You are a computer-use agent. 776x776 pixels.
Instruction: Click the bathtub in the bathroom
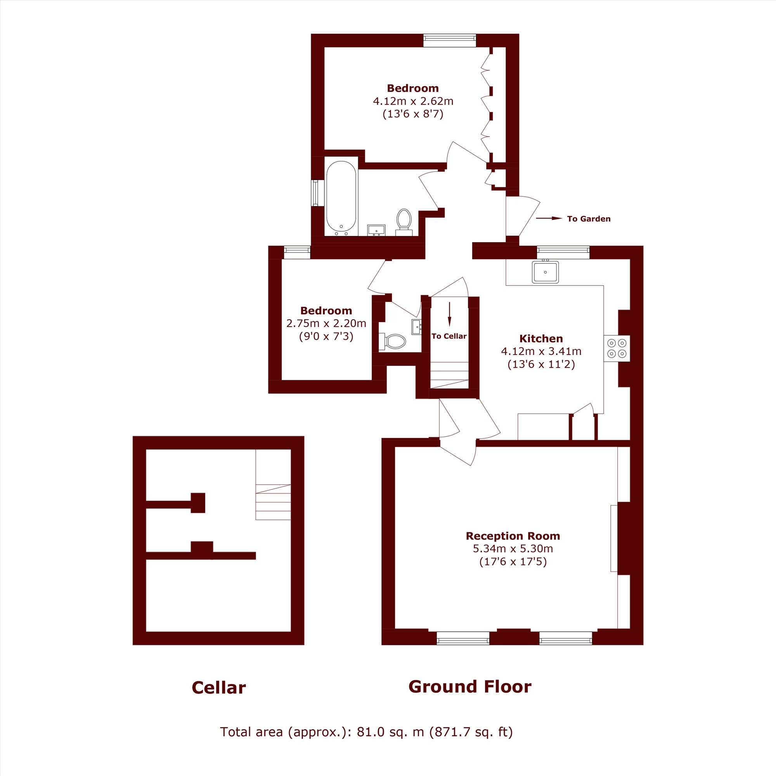(341, 197)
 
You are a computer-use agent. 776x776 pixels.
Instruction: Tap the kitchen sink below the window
(545, 272)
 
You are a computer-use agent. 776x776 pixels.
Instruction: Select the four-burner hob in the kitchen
(617, 348)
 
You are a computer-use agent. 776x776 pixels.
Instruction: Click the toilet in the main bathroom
(404, 222)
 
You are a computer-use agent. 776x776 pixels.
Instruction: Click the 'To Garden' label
(589, 219)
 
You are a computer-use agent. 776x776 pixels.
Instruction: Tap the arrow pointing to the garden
(549, 218)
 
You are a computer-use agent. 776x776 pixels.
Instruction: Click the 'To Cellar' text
(449, 336)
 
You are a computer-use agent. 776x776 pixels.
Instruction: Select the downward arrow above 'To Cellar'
(449, 314)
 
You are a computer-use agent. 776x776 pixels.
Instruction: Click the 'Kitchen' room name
(541, 338)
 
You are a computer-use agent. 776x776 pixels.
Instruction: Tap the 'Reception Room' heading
(513, 536)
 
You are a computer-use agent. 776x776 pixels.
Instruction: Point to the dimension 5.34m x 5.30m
(513, 548)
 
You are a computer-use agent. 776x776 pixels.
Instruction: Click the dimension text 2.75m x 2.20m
(326, 323)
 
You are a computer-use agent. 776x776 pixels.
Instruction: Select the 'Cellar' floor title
(218, 688)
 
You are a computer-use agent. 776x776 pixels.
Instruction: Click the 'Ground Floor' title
(470, 687)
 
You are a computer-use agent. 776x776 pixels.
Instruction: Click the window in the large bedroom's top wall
(449, 41)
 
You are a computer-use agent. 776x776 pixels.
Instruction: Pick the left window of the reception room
(463, 638)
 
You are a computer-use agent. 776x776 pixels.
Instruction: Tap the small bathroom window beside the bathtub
(315, 193)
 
